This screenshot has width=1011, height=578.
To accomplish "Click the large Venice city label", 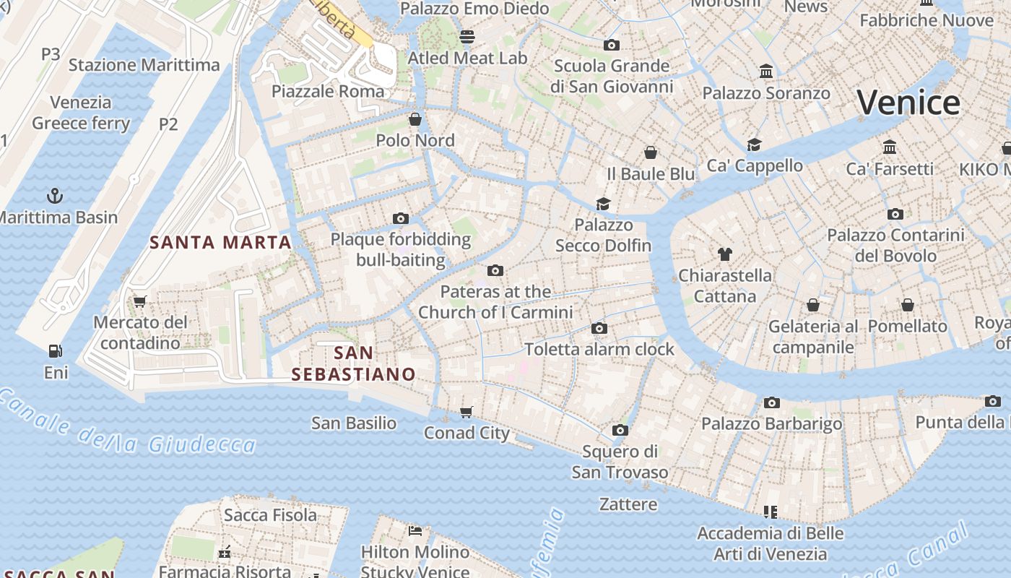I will (x=908, y=102).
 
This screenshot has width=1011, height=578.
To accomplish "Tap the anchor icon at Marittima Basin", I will (x=54, y=196).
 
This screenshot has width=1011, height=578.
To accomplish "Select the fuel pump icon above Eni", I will (x=55, y=351).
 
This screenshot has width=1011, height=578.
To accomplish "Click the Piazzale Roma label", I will (x=328, y=91).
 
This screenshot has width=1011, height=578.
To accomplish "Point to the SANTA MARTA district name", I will (x=220, y=242).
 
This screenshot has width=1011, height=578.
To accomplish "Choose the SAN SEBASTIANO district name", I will (x=354, y=363).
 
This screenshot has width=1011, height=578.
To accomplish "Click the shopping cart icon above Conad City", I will (x=467, y=412).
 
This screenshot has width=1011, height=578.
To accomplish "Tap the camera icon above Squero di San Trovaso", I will (x=620, y=431).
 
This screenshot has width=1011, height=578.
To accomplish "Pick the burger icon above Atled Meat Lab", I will (x=467, y=36).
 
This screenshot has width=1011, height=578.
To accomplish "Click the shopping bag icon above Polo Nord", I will (x=415, y=118).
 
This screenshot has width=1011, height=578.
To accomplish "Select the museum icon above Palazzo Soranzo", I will (x=766, y=72).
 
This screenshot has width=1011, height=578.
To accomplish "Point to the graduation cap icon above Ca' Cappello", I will (x=755, y=144).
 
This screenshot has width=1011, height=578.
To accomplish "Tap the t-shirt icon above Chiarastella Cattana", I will (x=725, y=254).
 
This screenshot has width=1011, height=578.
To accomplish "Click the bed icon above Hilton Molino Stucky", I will (x=415, y=531).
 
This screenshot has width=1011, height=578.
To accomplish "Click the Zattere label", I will (x=628, y=504).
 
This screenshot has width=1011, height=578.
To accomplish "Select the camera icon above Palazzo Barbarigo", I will (x=772, y=402).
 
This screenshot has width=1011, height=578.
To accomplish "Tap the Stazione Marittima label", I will (x=144, y=65).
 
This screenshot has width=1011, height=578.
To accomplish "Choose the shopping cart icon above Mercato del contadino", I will (x=140, y=301).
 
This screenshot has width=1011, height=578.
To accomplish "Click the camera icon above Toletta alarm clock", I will (x=599, y=328).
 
